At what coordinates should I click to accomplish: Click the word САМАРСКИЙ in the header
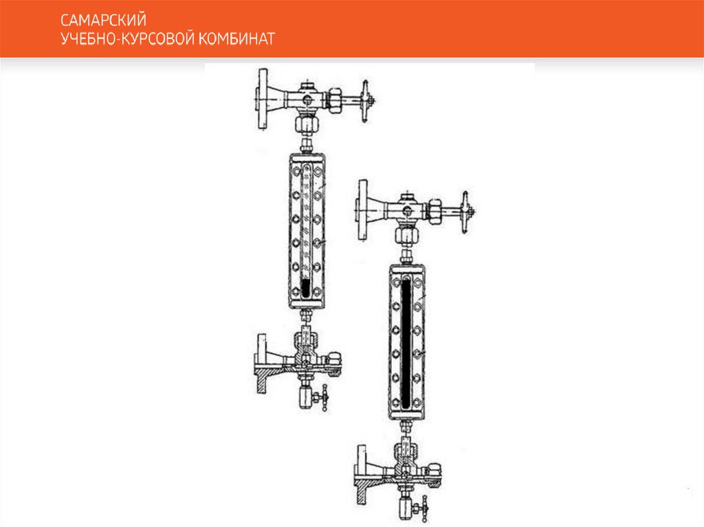pyautogui.click(x=103, y=20)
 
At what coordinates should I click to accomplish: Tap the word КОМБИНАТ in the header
pyautogui.click(x=236, y=39)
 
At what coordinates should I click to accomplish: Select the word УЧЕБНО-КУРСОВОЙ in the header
pyautogui.click(x=127, y=39)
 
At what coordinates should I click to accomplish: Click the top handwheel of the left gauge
pyautogui.click(x=366, y=101)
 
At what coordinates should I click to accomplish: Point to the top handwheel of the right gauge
pyautogui.click(x=466, y=212)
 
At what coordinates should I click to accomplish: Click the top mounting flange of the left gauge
pyautogui.click(x=262, y=99)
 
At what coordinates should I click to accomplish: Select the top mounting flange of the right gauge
pyautogui.click(x=362, y=210)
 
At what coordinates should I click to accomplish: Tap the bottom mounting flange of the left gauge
pyautogui.click(x=261, y=363)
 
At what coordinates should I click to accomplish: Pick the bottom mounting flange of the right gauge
pyautogui.click(x=362, y=475)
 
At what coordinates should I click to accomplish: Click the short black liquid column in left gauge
pyautogui.click(x=306, y=287)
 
